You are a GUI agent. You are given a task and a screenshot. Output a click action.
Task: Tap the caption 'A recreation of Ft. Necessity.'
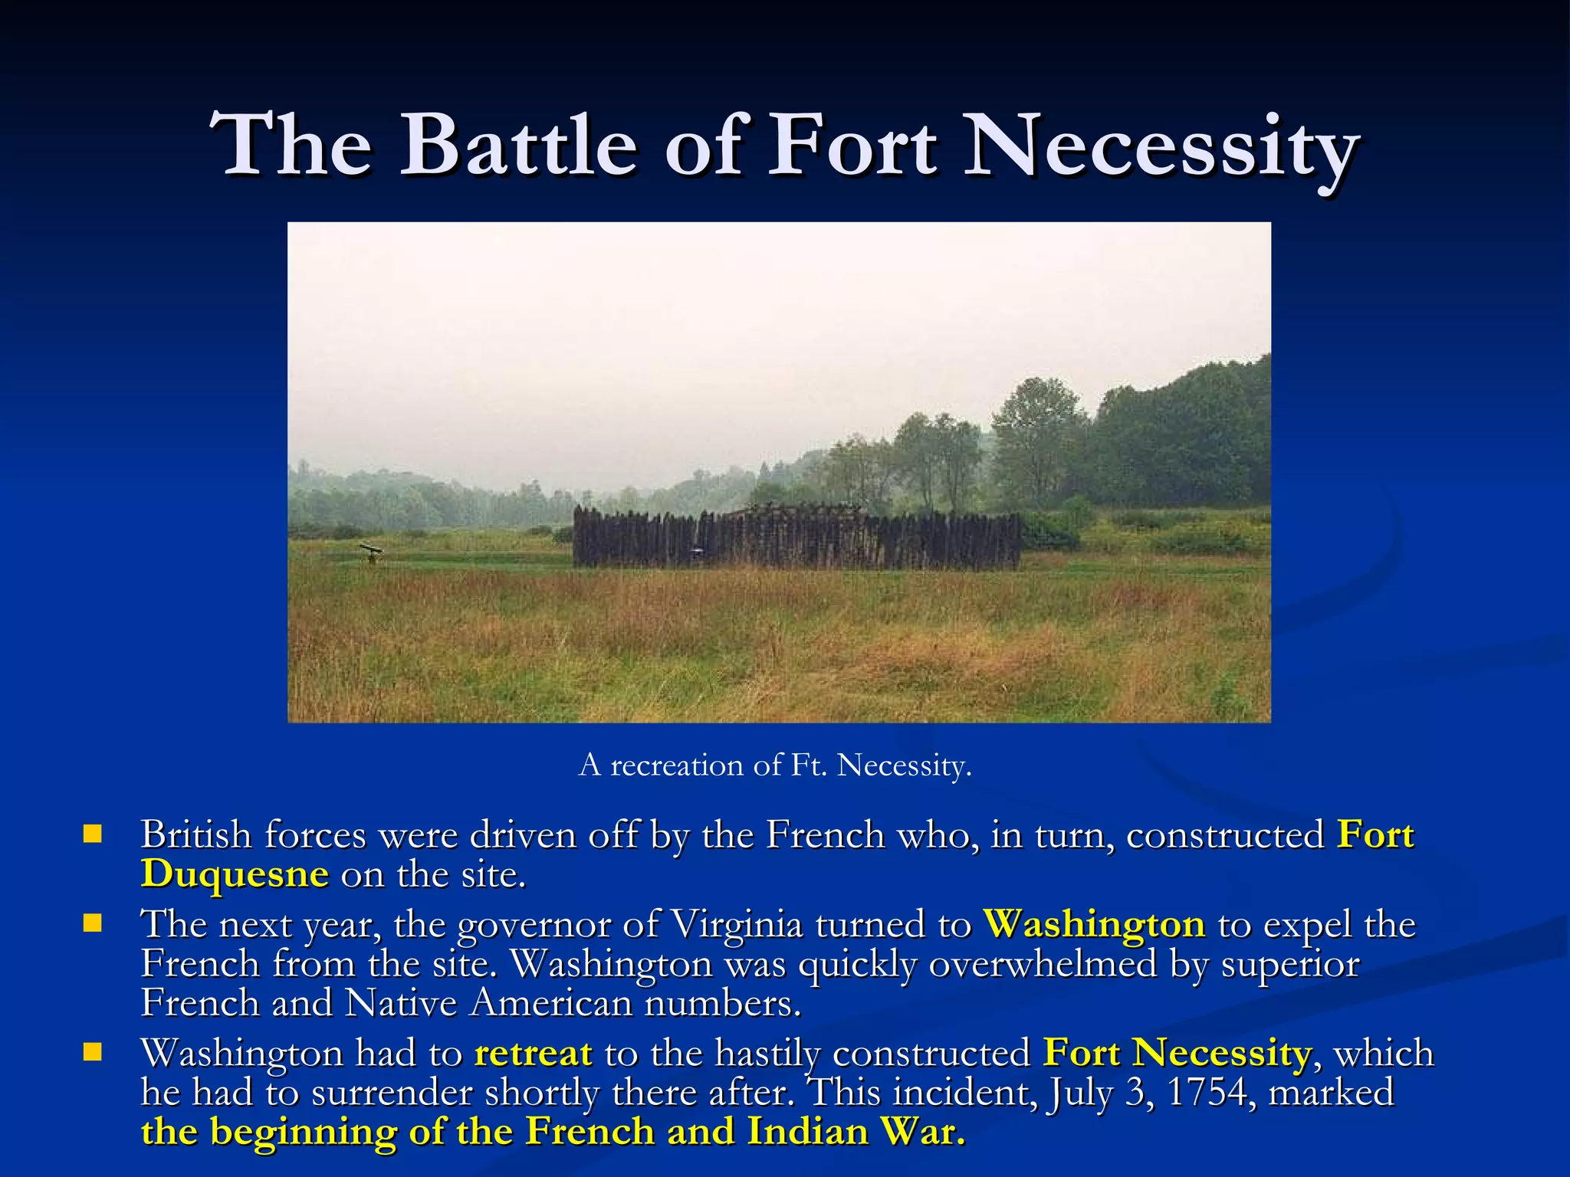click(775, 765)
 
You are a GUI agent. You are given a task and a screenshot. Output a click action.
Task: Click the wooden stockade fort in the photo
click(797, 539)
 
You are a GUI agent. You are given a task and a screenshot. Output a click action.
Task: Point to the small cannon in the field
click(371, 551)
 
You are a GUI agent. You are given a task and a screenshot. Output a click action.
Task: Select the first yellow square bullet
click(93, 834)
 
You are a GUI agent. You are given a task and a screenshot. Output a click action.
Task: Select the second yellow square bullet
click(93, 923)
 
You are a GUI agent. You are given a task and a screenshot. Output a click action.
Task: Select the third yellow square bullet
click(93, 1051)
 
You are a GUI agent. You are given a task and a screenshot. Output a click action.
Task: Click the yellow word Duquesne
click(235, 874)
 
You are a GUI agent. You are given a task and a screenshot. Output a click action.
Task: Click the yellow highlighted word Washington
click(1094, 924)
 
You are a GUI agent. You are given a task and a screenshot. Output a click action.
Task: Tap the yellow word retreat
click(534, 1053)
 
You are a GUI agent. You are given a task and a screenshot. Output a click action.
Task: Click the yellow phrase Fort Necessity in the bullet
click(1177, 1053)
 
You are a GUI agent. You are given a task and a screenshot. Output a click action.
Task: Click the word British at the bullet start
click(196, 834)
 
